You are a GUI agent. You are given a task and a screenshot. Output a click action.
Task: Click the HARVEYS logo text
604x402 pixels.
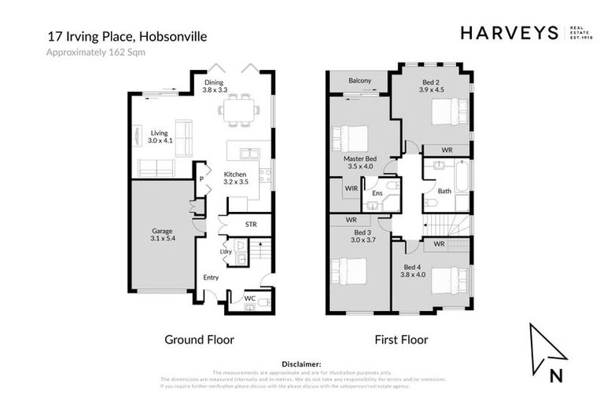509,33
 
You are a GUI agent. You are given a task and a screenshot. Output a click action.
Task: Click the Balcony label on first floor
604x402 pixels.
359,80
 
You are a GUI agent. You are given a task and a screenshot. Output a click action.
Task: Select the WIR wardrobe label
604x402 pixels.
351,189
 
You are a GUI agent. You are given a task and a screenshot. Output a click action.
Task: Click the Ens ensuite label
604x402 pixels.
377,192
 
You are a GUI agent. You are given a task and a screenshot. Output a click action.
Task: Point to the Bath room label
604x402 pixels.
444,190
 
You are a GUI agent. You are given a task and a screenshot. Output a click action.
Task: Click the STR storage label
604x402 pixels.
251,225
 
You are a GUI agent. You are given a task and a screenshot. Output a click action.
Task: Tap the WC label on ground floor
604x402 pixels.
249,299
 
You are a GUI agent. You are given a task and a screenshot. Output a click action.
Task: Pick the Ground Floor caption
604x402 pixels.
199,340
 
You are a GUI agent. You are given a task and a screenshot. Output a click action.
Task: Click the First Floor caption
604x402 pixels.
401,340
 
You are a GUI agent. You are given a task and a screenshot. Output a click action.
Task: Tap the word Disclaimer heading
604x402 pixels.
301,364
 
